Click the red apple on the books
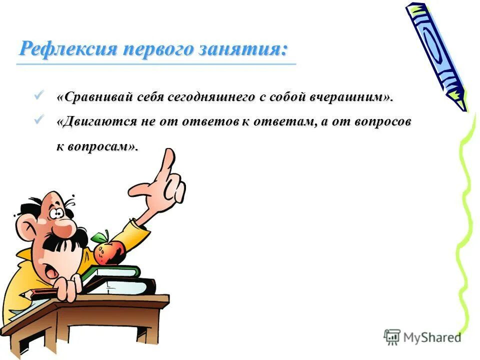point(110,251)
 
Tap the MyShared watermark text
point(431,337)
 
